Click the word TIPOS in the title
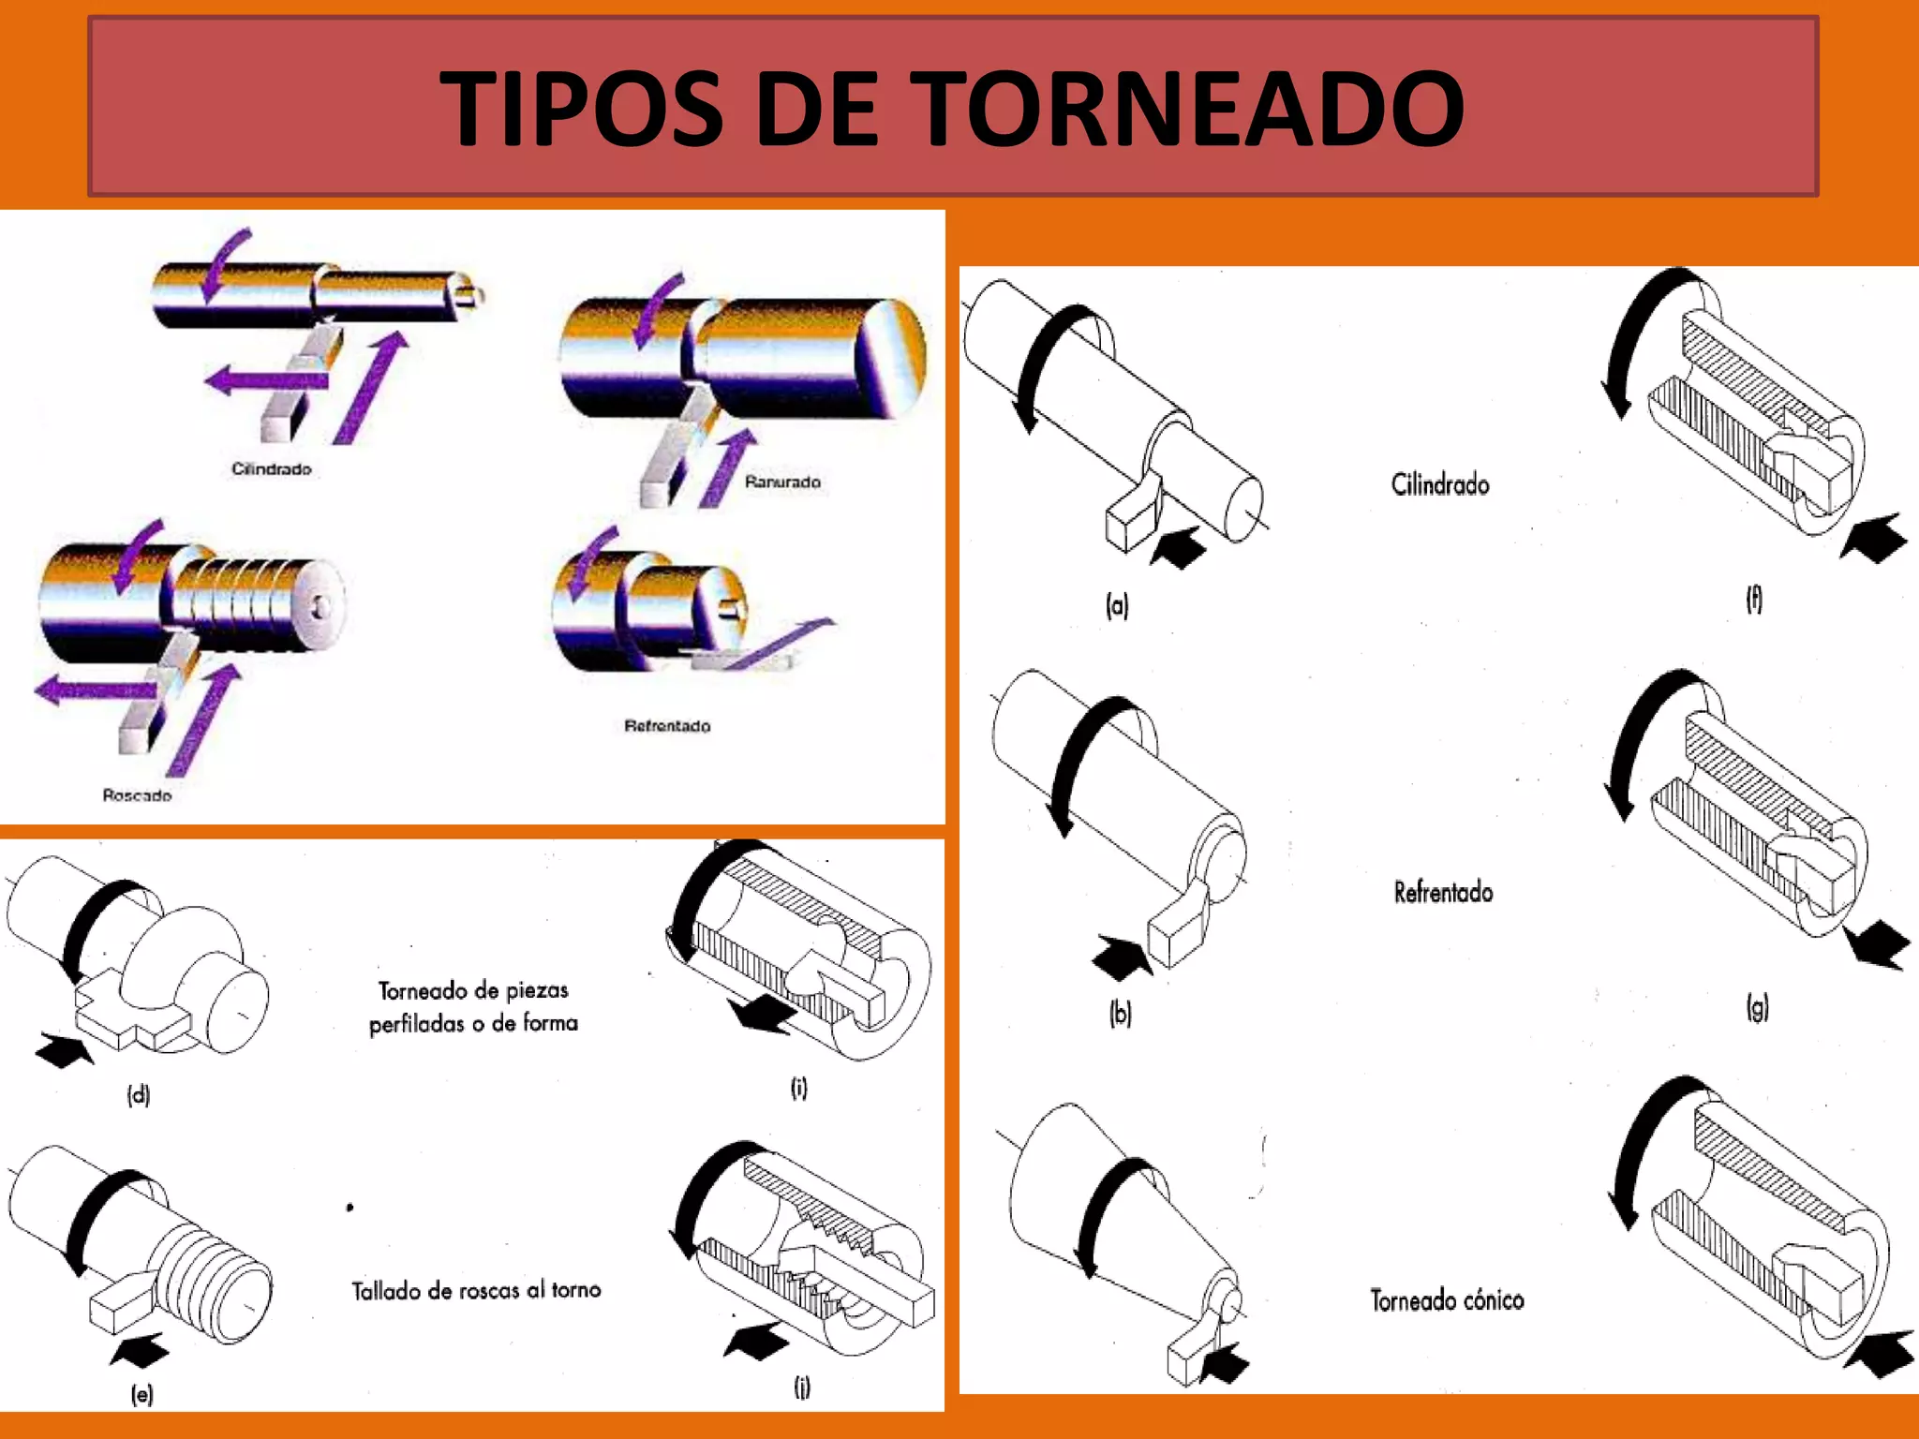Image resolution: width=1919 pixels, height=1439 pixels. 581,109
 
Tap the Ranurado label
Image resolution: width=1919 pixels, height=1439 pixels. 782,482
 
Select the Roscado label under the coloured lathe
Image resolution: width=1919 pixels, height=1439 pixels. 137,795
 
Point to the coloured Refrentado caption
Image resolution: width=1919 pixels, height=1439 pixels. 667,726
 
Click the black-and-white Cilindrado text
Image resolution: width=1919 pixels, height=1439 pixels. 1440,484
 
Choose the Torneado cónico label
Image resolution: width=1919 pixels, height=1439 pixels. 1447,1300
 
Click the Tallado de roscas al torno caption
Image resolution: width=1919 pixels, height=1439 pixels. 476,1290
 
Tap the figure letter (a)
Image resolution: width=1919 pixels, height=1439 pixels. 1117,605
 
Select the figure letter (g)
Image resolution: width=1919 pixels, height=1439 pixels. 1757,1008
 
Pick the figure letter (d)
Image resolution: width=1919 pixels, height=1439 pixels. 139,1094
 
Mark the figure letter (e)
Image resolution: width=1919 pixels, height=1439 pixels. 141,1394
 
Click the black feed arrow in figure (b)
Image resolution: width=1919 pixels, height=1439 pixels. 1121,957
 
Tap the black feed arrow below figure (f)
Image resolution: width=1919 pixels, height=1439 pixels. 1873,538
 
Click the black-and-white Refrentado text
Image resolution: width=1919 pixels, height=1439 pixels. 1443,892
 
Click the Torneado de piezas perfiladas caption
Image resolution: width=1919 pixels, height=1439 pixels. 473,1006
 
